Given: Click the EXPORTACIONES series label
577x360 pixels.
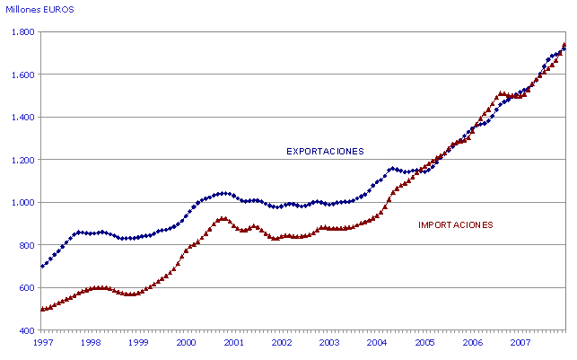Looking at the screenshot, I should coord(325,151).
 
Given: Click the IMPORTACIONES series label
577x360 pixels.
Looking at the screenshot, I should coord(456,224).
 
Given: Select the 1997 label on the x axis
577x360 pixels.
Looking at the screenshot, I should coord(41,343).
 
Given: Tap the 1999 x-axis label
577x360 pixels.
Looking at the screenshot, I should coord(137,343).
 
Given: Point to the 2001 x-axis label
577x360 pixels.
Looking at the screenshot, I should coord(233,343).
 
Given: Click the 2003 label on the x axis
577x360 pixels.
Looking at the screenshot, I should coord(329,343).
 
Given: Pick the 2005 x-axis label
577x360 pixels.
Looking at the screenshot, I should coord(424,343).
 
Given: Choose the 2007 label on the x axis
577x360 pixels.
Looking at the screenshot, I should coord(520,343).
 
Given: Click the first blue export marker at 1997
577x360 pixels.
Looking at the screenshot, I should coord(42,266).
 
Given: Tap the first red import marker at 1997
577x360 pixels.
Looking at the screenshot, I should coord(42,309).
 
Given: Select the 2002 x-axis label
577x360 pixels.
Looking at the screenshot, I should coord(281,343).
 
